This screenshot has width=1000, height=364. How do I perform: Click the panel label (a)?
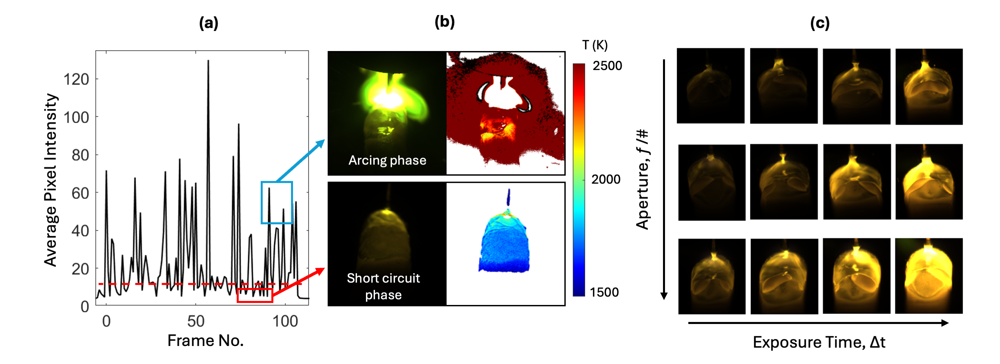[208, 23]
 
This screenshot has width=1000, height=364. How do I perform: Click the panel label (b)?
[444, 22]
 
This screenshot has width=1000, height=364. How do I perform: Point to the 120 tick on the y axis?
[76, 79]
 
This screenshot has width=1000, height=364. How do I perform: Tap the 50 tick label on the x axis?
[196, 321]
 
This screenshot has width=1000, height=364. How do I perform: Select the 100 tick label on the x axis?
[285, 321]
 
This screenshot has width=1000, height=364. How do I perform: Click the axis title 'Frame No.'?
[205, 341]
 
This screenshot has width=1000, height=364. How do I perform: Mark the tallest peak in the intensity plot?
[208, 61]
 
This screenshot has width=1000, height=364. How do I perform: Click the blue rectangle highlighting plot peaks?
[276, 182]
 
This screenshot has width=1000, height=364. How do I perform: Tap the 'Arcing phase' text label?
[387, 160]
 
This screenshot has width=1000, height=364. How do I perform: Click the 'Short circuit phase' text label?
[383, 286]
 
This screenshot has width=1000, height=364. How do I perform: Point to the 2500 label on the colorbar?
[607, 66]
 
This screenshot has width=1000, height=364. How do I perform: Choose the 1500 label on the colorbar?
[604, 292]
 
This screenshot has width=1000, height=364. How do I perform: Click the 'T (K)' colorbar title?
[595, 45]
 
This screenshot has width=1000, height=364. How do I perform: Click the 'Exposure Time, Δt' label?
[819, 342]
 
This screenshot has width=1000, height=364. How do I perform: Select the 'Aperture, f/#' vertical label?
[642, 179]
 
